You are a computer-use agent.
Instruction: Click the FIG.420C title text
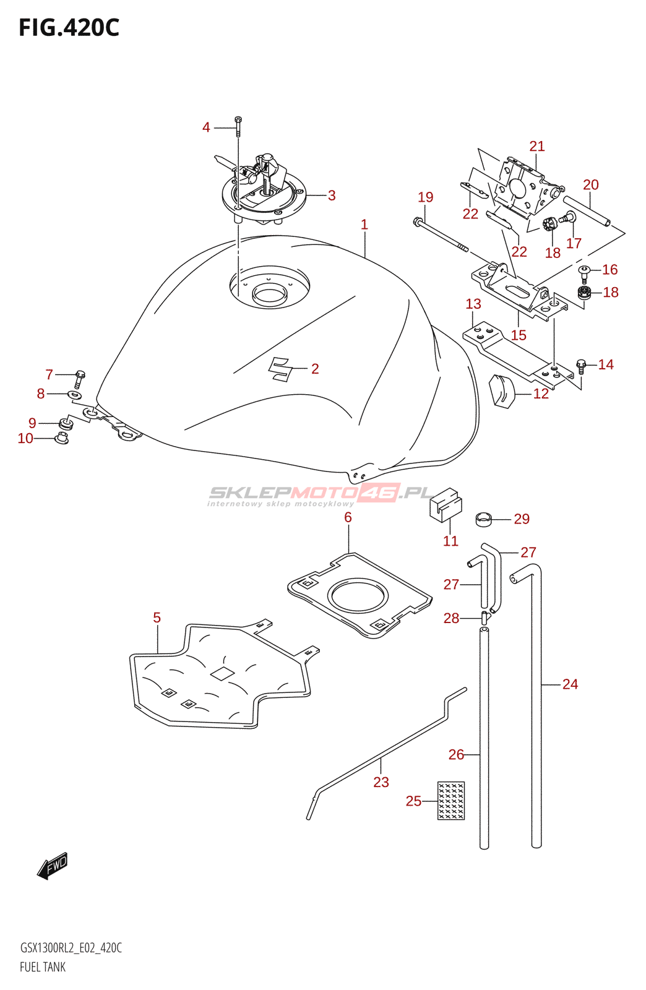69,27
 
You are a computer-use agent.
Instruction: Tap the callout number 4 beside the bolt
206,127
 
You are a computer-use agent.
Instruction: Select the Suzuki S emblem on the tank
280,369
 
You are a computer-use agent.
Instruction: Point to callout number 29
522,519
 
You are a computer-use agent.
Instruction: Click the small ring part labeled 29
484,519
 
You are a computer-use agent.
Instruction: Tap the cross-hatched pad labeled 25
450,801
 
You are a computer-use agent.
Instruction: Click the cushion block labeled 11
446,505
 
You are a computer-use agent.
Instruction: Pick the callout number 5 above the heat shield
157,618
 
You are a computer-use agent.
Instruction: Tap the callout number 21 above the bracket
536,146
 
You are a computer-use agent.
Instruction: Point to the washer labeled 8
74,394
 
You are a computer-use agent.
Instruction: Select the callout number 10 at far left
25,438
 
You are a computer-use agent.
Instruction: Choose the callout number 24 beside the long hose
570,684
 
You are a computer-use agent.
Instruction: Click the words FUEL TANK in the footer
43,967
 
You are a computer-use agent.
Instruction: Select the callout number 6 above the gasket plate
348,517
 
